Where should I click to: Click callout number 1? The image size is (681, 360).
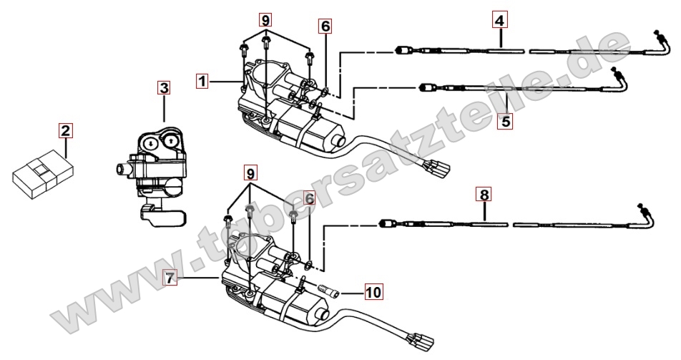coord(203,82)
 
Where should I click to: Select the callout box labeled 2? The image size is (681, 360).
coord(65,130)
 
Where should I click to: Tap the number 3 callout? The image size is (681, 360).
coord(164,88)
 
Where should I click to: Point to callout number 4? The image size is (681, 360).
coord(499,20)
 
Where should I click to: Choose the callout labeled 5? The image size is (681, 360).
coord(506,121)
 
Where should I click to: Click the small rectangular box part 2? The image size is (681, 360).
coord(43,175)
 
